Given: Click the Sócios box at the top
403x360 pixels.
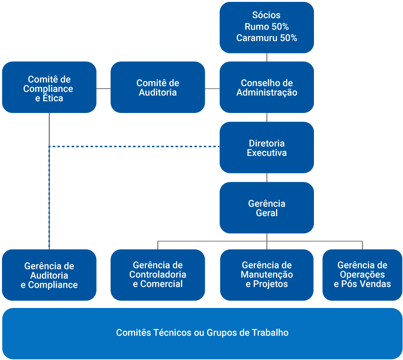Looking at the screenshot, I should pos(266,15).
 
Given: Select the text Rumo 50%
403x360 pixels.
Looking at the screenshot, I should pos(266,27).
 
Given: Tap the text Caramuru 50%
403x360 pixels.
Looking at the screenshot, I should pos(266,38).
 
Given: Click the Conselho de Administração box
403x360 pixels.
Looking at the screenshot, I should pos(266,87).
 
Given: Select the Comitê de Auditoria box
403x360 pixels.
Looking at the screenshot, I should pos(157,87).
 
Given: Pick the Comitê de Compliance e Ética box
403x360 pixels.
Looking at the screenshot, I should pos(49,87).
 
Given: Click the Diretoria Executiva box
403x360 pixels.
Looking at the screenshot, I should pos(266,148).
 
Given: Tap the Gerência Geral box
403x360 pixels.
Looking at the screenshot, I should pos(266,208).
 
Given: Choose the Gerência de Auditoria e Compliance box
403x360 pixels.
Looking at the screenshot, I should pos(49,275).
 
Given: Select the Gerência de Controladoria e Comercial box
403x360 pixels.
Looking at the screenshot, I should pos(157,275).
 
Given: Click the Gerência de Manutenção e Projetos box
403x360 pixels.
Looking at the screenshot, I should pos(266,275).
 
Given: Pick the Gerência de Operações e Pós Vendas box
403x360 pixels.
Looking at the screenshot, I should pos(362,275).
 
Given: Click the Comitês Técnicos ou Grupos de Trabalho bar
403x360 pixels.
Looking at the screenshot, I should pos(201,333).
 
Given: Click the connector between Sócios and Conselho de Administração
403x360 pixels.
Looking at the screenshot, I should pos(267,57).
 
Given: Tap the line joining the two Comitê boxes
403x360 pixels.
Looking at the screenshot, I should pos(104,88).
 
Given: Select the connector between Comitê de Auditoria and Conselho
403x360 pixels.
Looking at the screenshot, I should pos(212,88).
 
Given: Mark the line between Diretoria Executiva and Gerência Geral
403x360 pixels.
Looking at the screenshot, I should pos(267,178).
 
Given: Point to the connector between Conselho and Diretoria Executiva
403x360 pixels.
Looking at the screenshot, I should pos(267,117).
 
